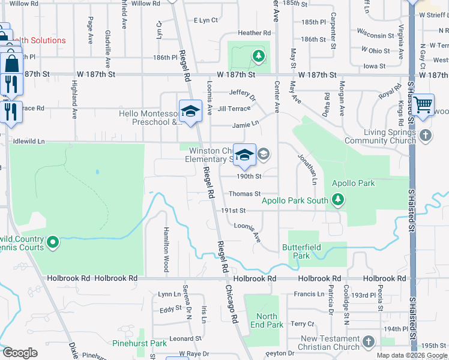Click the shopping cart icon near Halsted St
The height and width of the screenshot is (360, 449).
pos(423,104)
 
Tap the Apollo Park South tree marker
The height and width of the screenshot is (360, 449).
pos(339,199)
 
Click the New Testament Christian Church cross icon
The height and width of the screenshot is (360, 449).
pos(368,342)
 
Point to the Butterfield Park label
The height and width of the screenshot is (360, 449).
pos(302,251)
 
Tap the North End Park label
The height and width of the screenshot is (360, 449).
pos(267,320)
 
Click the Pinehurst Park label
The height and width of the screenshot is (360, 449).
pos(139,343)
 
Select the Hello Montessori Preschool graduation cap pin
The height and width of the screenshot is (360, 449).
pos(190,111)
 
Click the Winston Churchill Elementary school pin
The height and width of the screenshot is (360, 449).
pos(244,155)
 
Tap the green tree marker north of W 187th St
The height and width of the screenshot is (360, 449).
pos(259,56)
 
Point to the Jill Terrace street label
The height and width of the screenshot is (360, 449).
pos(234,109)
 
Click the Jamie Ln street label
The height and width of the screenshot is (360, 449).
pos(246,125)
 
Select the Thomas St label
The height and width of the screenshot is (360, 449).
pos(244,194)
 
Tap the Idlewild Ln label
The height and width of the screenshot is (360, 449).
pos(29,142)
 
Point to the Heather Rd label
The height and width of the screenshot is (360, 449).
pos(254,33)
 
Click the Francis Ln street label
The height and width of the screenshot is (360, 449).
pos(309,294)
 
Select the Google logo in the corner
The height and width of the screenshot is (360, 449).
pos(20,353)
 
